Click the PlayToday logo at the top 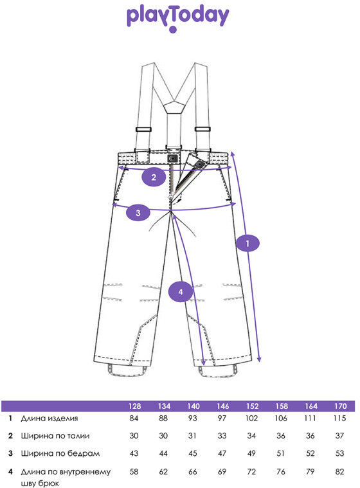tap(177, 18)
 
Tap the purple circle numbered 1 tap(248, 243)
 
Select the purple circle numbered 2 tap(154, 177)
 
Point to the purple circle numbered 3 tap(138, 213)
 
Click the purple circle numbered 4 tap(181, 292)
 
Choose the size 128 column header tap(135, 406)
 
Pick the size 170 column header tap(341, 406)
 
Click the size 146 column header tap(223, 406)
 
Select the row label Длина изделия tap(50, 419)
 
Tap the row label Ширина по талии tap(55, 436)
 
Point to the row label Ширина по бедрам tap(60, 453)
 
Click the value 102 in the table tap(251, 419)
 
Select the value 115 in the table tap(339, 419)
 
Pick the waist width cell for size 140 tap(192, 436)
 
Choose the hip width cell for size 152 tap(251, 453)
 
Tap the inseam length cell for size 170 tap(339, 471)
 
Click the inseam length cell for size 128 tap(134, 471)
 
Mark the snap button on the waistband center tap(172, 158)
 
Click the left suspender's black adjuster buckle tap(143, 129)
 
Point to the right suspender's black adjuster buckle tap(203, 129)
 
